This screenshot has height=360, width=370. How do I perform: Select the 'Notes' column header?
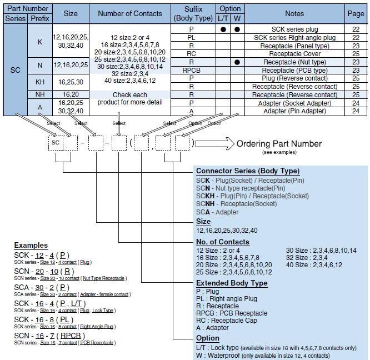click(x=294, y=13)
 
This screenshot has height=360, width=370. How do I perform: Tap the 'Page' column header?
click(x=356, y=13)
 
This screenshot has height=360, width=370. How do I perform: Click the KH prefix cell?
click(x=40, y=82)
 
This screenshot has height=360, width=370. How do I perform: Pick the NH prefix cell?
click(x=40, y=95)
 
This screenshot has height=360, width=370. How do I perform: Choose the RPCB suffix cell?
click(x=191, y=71)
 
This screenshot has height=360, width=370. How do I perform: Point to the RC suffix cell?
click(x=191, y=54)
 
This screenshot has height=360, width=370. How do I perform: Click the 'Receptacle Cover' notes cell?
click(x=294, y=54)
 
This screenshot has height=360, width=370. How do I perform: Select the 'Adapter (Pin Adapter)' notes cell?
click(x=294, y=111)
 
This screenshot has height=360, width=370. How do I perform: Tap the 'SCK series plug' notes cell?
click(x=294, y=29)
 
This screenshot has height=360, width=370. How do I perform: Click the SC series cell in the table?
click(x=15, y=71)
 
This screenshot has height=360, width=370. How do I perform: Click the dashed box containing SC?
click(x=56, y=143)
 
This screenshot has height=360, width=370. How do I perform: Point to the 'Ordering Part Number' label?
click(x=279, y=144)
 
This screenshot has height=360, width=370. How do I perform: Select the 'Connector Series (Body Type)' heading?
click(x=248, y=171)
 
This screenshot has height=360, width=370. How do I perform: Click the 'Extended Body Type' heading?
click(x=232, y=283)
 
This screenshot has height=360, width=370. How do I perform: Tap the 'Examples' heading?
click(x=31, y=245)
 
